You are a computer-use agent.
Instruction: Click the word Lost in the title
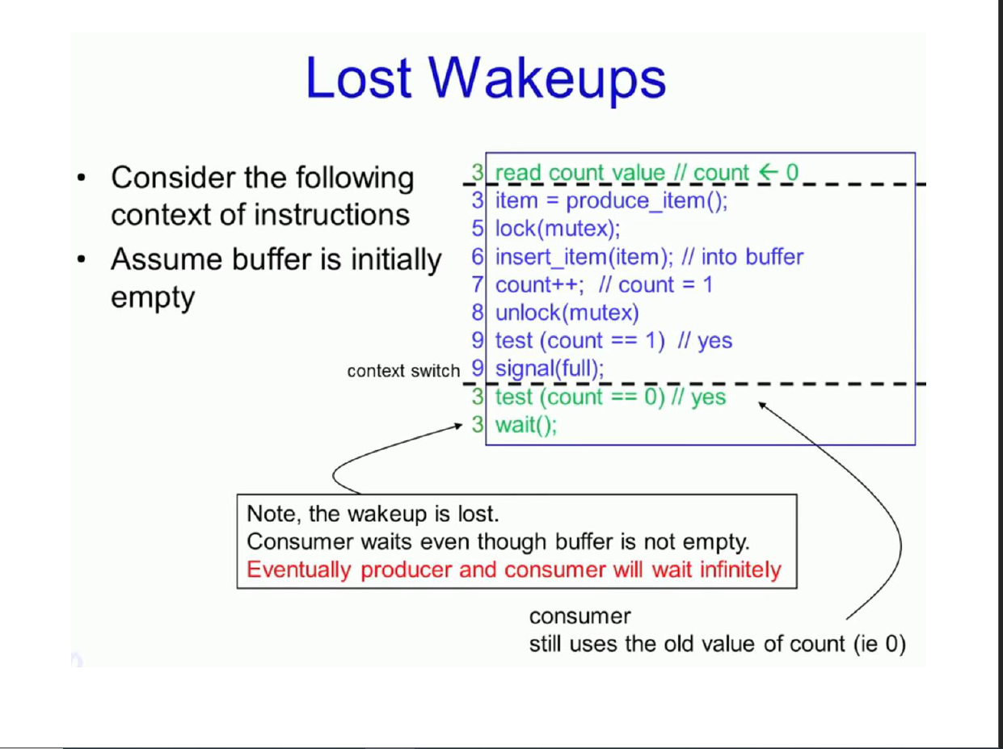pyautogui.click(x=361, y=78)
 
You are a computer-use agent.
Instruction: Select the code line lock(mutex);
pyautogui.click(x=558, y=229)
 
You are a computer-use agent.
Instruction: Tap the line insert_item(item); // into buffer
pyautogui.click(x=649, y=257)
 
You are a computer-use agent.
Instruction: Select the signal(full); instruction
pyautogui.click(x=550, y=368)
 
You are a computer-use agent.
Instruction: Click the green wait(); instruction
pyautogui.click(x=526, y=424)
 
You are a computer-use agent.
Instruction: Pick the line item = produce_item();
pyautogui.click(x=611, y=200)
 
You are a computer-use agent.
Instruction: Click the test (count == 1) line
pyautogui.click(x=613, y=340)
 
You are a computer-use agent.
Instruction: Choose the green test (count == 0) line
pyautogui.click(x=610, y=397)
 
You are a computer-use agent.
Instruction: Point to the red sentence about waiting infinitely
pyautogui.click(x=514, y=570)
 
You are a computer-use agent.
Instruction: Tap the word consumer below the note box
pyautogui.click(x=579, y=616)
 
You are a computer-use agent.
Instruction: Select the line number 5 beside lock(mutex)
pyautogui.click(x=478, y=229)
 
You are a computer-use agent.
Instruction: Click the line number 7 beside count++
pyautogui.click(x=478, y=284)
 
